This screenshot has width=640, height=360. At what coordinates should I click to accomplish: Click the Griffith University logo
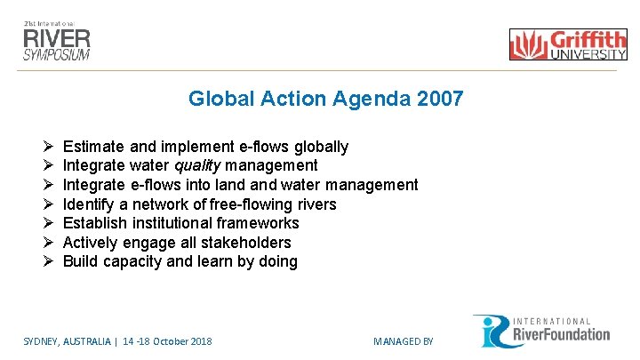pyautogui.click(x=568, y=44)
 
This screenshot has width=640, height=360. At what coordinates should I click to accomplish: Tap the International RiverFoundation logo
pyautogui.click(x=541, y=331)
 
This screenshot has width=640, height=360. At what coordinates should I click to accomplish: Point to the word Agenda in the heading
pyautogui.click(x=374, y=99)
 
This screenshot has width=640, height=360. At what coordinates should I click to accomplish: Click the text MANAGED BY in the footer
pyautogui.click(x=403, y=341)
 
